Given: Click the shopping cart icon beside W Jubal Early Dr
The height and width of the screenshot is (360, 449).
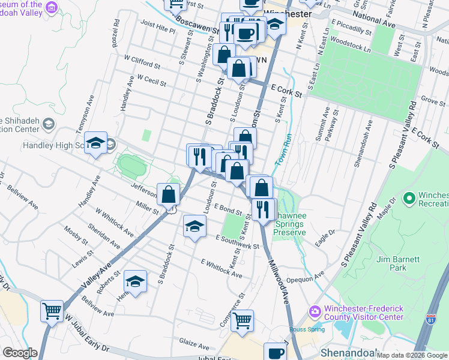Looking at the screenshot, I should coord(52,311).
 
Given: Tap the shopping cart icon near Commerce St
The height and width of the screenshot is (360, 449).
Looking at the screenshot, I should coord(242,320).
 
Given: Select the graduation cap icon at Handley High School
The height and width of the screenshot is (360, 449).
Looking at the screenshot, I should coord(95,143).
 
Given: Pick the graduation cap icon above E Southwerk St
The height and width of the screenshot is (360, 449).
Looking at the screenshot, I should coord(194,226).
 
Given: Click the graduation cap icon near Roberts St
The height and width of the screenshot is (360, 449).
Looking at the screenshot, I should coord(136,281).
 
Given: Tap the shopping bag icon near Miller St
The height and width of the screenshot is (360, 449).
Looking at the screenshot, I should coord(169,194).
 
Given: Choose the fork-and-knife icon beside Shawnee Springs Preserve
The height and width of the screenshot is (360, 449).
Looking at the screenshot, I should coord(264,209).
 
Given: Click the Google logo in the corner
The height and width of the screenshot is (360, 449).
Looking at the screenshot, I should coord(20,353).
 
